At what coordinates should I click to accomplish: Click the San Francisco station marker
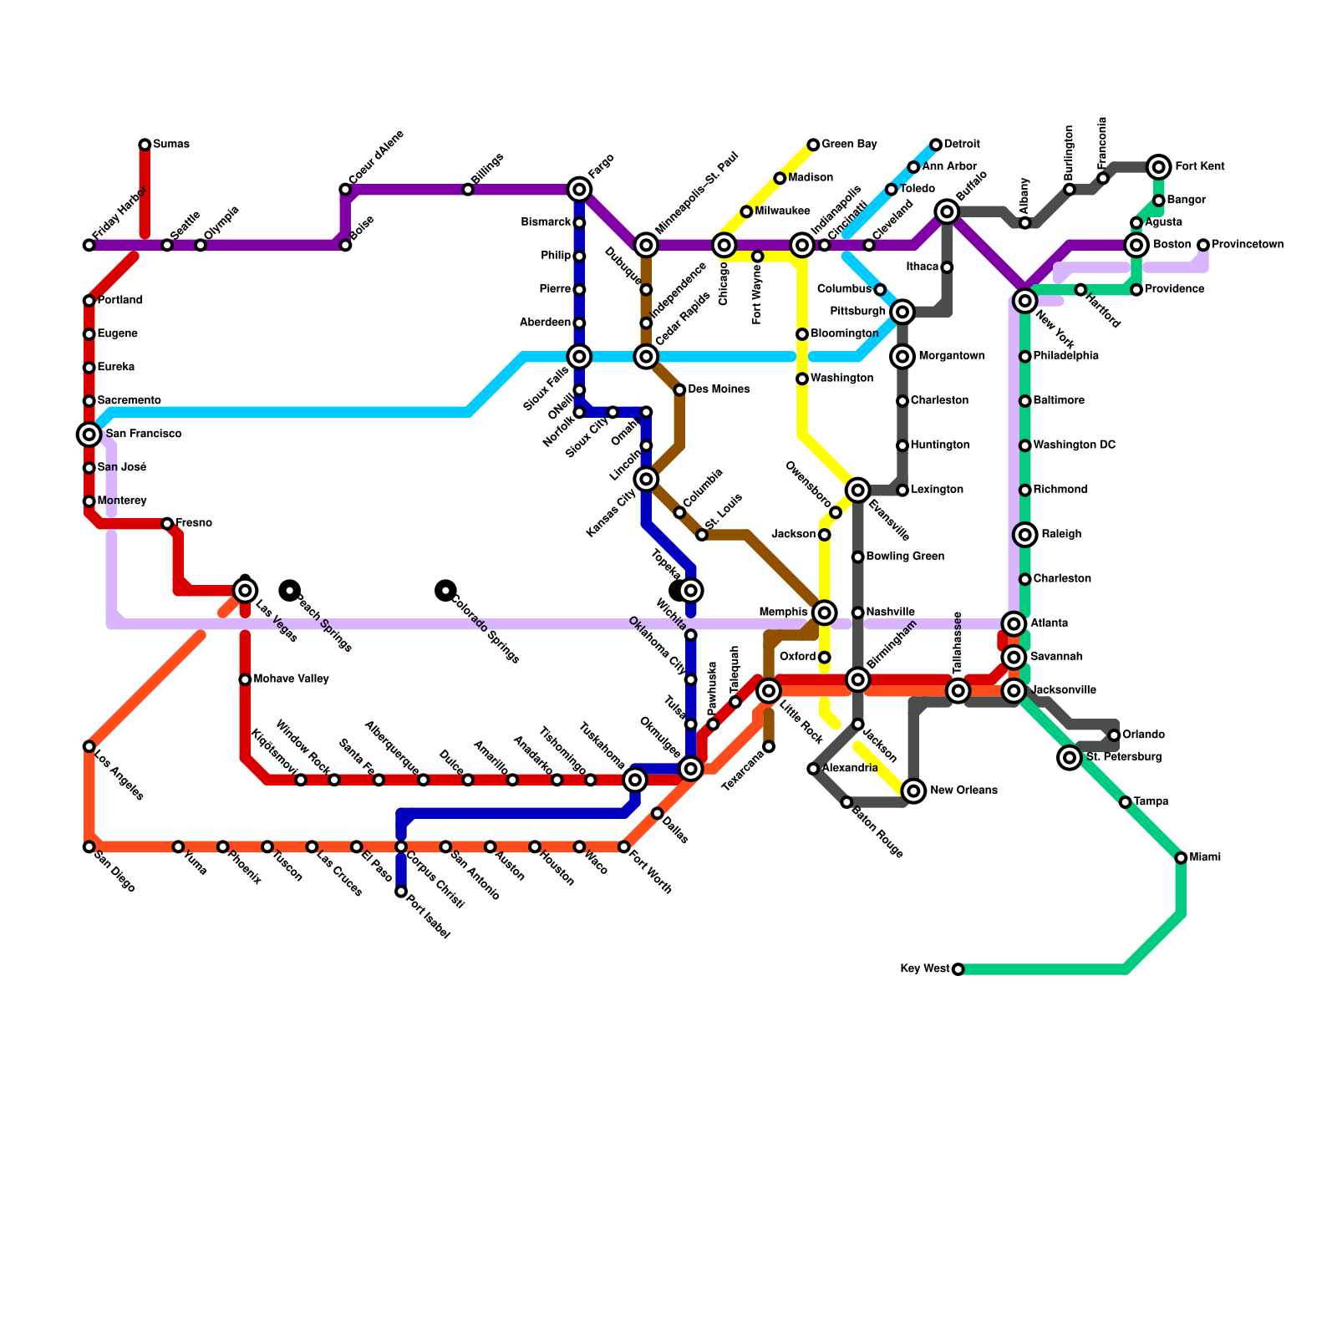click(x=89, y=435)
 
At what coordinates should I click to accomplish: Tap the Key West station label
click(x=924, y=969)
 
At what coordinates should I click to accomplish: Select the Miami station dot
click(x=1181, y=858)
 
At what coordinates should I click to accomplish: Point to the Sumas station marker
click(x=145, y=145)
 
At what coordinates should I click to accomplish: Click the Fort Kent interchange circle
click(x=1158, y=167)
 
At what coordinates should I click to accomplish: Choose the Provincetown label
click(x=1248, y=245)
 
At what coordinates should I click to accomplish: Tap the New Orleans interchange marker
click(x=914, y=791)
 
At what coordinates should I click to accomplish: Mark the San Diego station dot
click(x=89, y=847)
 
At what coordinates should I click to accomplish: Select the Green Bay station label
click(x=849, y=145)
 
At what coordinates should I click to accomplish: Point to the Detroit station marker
click(x=936, y=145)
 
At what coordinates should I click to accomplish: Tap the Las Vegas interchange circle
click(x=245, y=591)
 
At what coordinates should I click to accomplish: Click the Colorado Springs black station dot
click(x=446, y=591)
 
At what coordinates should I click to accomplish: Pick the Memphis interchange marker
click(x=825, y=613)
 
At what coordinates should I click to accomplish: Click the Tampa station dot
click(x=1126, y=802)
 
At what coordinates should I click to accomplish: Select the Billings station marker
click(x=468, y=190)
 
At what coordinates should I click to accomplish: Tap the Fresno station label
click(x=193, y=524)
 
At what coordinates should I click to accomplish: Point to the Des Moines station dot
click(x=680, y=390)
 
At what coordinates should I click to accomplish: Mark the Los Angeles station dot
click(x=89, y=746)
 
